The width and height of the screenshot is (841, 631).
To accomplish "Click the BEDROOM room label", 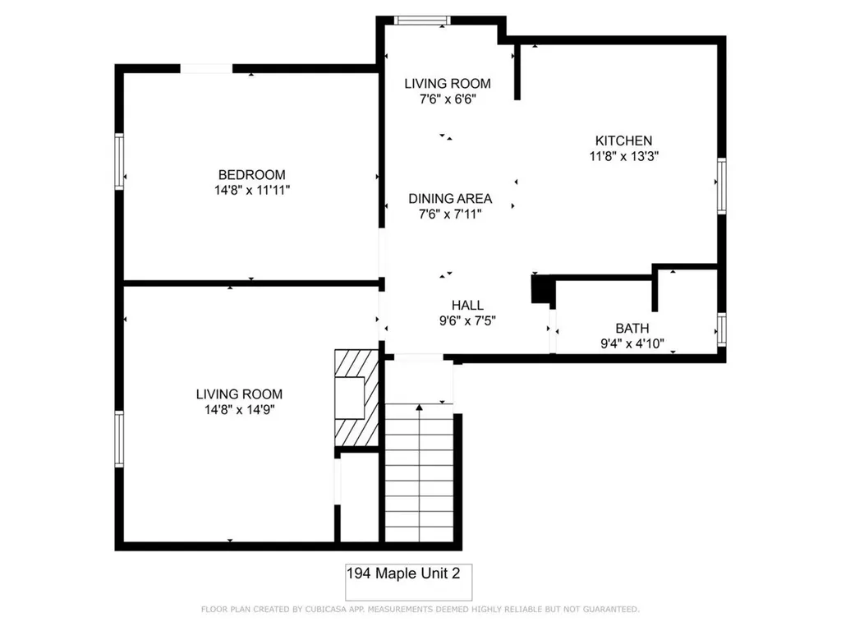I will coord(251,174).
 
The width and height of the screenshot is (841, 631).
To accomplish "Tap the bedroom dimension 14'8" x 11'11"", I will coord(251,190).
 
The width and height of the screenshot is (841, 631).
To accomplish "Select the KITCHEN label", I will coord(624,140).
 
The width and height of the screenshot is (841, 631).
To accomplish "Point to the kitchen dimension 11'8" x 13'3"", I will coord(624,156).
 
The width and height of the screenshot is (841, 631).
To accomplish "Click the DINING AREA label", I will coord(450,198).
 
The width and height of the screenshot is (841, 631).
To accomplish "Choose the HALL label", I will coord(466,305).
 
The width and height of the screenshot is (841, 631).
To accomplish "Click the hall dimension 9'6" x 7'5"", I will coord(466,320).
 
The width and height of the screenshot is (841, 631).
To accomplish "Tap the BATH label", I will coord(632,329).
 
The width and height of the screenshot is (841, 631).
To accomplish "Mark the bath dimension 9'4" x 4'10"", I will coord(632,344).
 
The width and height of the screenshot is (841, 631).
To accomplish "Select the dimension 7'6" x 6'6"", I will coord(448,99).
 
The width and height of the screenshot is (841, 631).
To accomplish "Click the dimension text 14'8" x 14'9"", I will coord(239,409).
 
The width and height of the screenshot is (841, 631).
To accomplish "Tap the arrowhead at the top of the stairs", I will coord(420,407).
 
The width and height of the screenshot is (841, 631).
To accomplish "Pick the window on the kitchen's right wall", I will coord(721,186).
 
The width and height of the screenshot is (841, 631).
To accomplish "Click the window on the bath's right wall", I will coord(721,328).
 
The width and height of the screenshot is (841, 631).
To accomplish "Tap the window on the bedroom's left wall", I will coord(120,163).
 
